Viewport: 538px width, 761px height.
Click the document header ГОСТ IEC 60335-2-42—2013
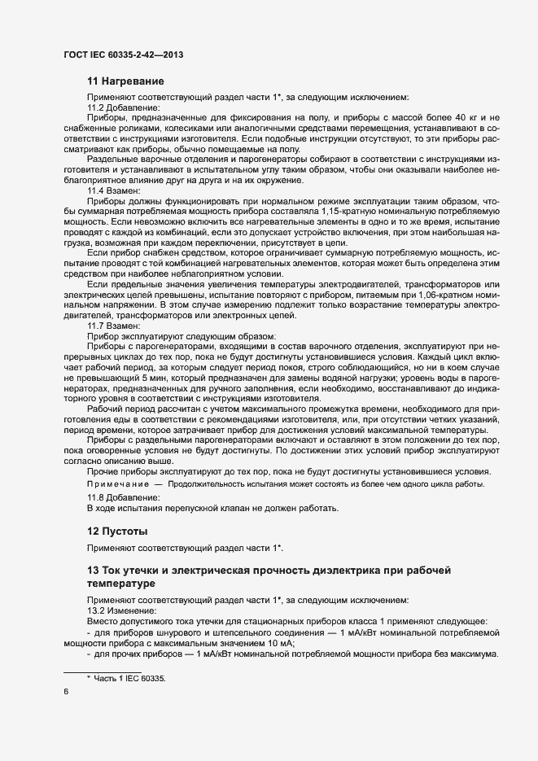(x=122, y=55)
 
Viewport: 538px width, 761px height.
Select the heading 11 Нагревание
(x=125, y=81)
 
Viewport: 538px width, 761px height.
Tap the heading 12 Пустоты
(x=117, y=531)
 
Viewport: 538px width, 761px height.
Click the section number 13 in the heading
(x=93, y=568)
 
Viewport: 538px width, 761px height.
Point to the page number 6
(x=65, y=692)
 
